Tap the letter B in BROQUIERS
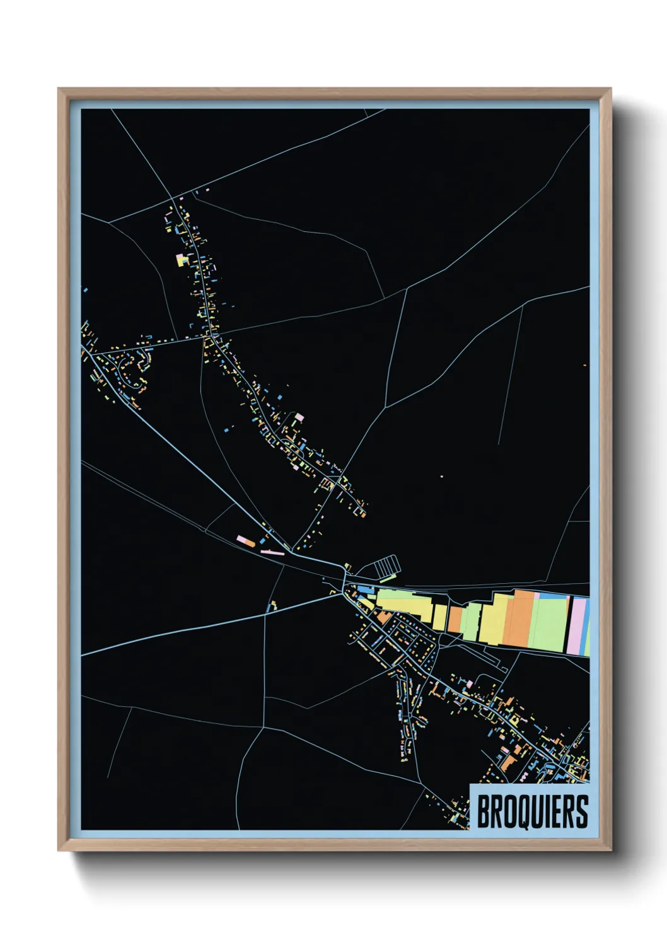tap(484, 811)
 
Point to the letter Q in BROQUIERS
tap(515, 811)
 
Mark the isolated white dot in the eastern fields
tap(441, 477)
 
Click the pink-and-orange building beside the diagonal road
tap(245, 541)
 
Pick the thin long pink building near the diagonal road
tap(272, 553)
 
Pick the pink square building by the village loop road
tap(299, 417)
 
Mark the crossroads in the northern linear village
tap(207, 338)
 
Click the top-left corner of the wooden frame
tap(59, 90)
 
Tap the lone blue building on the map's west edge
tap(86, 290)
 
